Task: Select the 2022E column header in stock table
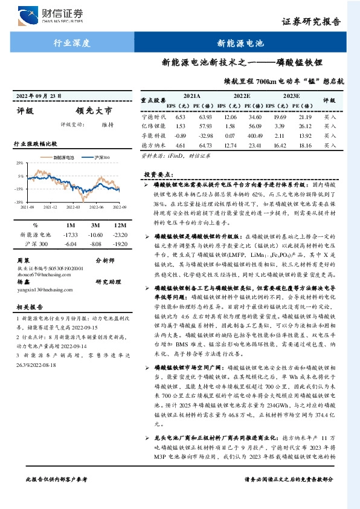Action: point(242,96)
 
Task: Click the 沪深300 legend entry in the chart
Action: point(102,157)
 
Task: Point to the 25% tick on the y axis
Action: point(19,163)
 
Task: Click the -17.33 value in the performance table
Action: point(71,234)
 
